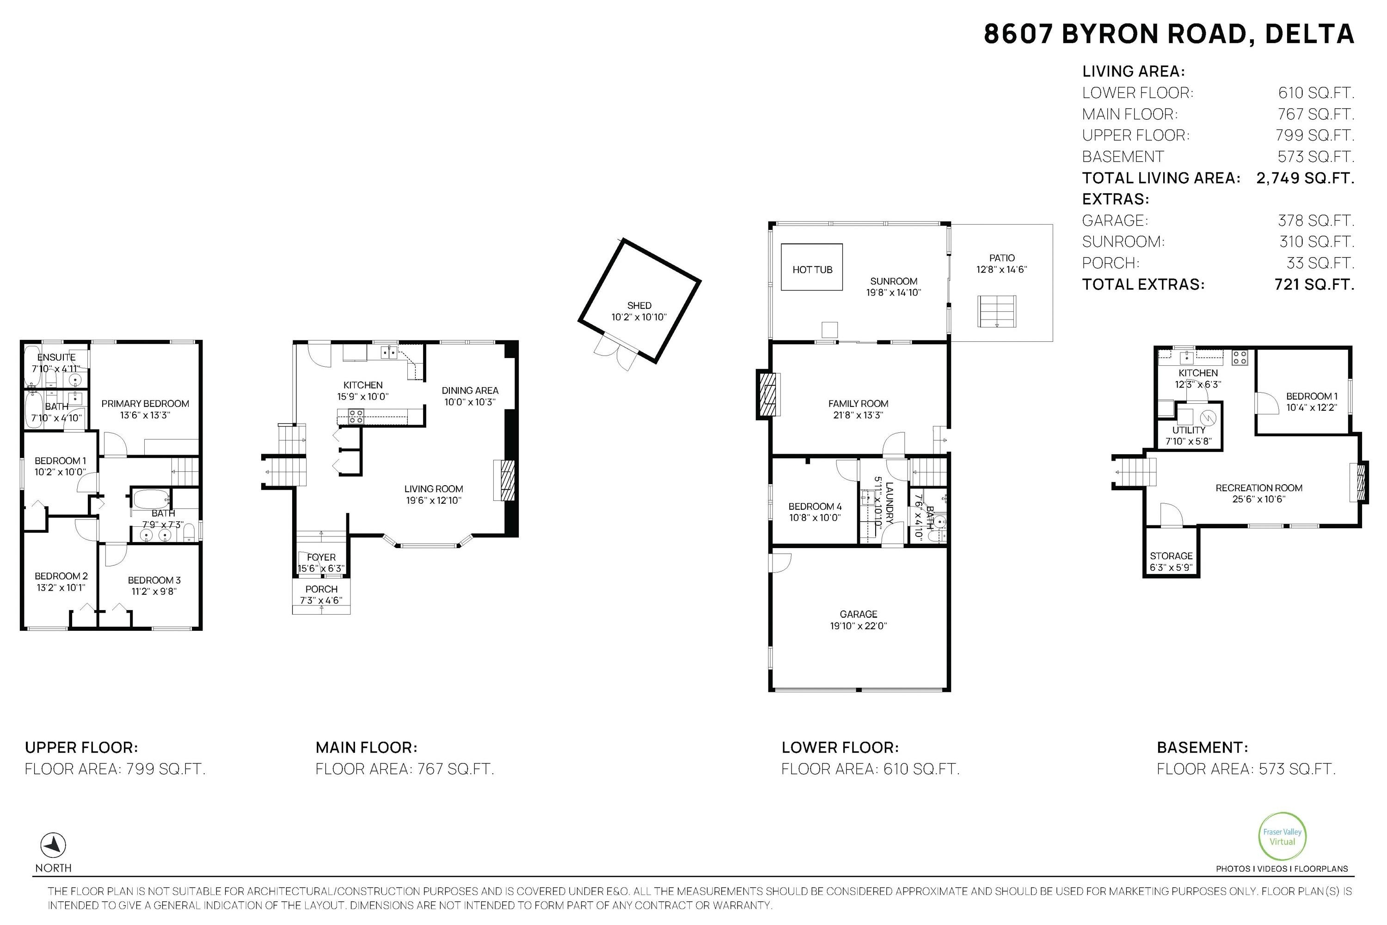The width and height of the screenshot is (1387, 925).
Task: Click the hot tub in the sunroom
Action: pos(811,267)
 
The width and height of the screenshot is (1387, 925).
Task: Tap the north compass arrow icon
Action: pos(53,845)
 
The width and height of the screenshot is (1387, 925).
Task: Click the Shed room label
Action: pos(639,305)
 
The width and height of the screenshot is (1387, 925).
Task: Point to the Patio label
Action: pos(1002,258)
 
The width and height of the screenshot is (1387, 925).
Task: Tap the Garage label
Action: pos(859,614)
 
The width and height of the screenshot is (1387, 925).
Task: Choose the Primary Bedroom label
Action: pos(145,403)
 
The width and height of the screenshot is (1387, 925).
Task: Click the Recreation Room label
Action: pos(1259,488)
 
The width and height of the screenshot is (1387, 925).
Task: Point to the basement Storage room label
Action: pos(1171,556)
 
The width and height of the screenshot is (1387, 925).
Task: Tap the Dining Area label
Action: pos(470,390)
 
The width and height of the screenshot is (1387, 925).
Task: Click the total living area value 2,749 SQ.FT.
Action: pos(1305,178)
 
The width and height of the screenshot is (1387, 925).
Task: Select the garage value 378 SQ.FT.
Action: pos(1316,221)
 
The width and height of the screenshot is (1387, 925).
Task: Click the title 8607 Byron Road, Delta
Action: pos(1169,34)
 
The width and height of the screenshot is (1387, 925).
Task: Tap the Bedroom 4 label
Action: pos(815,506)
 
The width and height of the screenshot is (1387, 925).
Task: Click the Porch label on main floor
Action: pos(321,589)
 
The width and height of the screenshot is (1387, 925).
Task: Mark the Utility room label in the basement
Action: pos(1189,430)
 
